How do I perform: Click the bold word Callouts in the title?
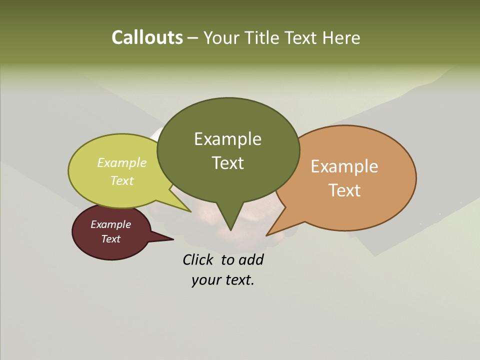point(147,37)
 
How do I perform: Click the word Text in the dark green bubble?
point(227,162)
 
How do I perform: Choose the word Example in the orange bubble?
point(344,166)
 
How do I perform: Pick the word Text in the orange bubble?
point(344,190)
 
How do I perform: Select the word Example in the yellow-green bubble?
point(122,162)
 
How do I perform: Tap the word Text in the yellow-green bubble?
point(122,180)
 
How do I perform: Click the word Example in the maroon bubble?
point(111,224)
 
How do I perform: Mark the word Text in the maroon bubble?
point(111,239)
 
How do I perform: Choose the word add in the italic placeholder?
point(251,259)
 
